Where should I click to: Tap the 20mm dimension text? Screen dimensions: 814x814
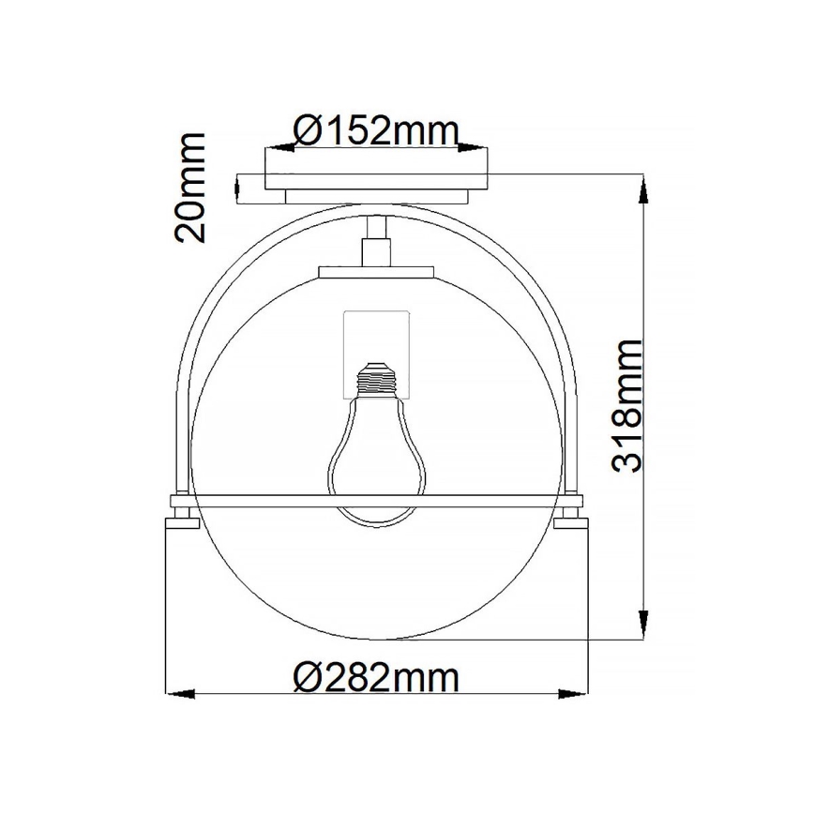click(x=190, y=188)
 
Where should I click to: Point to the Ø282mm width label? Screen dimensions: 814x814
click(x=376, y=675)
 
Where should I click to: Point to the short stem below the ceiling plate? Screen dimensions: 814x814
click(x=377, y=242)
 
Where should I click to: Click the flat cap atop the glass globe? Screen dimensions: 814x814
click(x=377, y=272)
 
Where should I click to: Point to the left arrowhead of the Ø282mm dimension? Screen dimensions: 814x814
click(x=178, y=694)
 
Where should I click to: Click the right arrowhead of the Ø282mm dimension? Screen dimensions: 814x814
click(x=574, y=694)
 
